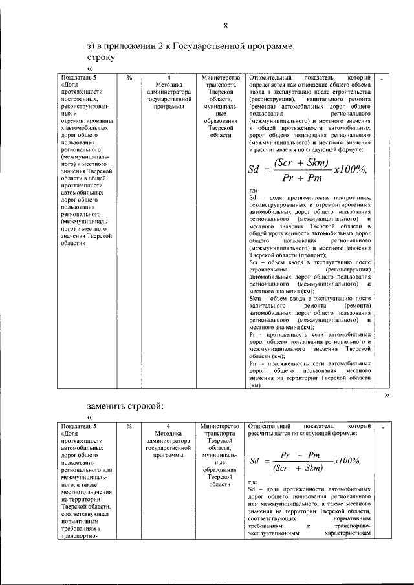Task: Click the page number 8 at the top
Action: (x=226, y=25)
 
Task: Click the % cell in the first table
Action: (x=129, y=77)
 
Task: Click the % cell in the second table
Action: (x=129, y=427)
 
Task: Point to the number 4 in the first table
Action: (x=168, y=77)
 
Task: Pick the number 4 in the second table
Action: (x=168, y=427)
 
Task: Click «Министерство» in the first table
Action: (x=220, y=77)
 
